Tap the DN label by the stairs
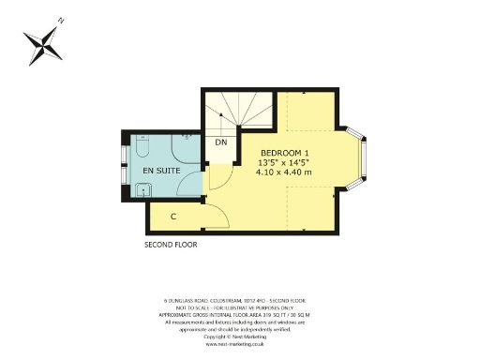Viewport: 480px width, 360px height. [221, 142]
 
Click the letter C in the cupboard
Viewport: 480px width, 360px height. [173, 217]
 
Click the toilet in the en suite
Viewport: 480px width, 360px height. [141, 147]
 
